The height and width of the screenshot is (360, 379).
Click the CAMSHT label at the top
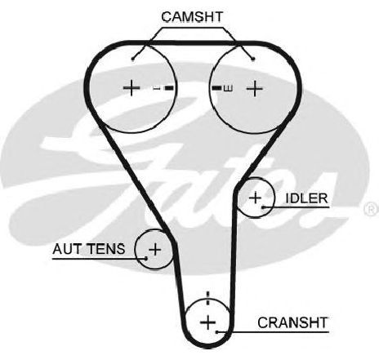click(x=192, y=17)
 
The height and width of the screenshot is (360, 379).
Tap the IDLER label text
click(x=306, y=198)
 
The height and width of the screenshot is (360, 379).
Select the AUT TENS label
click(x=89, y=249)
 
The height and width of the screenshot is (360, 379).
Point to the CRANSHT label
click(x=292, y=322)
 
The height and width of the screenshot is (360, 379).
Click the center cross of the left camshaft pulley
click(x=132, y=87)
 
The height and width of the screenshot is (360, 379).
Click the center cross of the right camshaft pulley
click(x=255, y=88)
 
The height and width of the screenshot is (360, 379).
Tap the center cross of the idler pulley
click(x=256, y=198)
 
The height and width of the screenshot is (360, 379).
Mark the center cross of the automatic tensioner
click(x=155, y=249)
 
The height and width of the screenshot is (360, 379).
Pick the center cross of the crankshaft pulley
click(x=208, y=322)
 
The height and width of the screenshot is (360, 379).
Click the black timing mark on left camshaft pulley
click(x=169, y=88)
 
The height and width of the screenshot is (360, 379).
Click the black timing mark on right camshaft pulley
click(x=216, y=88)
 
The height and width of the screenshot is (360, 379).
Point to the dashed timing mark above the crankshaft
click(x=208, y=298)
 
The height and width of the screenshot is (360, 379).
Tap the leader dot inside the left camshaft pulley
click(x=133, y=59)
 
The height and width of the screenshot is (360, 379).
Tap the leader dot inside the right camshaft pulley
click(x=253, y=59)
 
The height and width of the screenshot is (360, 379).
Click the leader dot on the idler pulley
click(x=263, y=207)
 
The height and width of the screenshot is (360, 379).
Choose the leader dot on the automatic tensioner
click(x=146, y=258)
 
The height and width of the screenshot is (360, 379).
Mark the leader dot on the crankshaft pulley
click(x=217, y=332)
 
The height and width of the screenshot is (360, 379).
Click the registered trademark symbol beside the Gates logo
click(x=372, y=209)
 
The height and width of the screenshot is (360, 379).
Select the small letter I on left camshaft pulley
click(x=156, y=88)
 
